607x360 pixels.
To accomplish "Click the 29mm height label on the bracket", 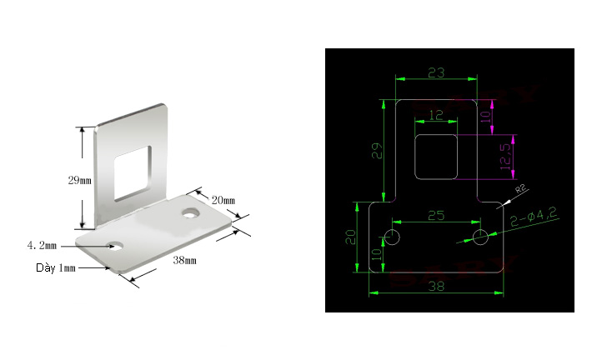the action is [x=80, y=180].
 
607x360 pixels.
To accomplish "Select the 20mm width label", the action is [x=223, y=200].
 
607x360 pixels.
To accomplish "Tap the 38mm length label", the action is [x=184, y=260].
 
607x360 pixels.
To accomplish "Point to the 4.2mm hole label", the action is [x=42, y=246].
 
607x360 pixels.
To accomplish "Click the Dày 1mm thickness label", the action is [x=56, y=267].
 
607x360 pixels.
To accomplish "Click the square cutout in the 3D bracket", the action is [x=132, y=173].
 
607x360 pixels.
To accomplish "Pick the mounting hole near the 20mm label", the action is [x=190, y=212].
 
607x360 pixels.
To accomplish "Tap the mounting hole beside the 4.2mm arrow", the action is [x=115, y=246].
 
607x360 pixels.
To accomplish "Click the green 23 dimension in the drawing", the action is [x=436, y=72].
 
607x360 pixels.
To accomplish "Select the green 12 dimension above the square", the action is [x=436, y=115].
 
